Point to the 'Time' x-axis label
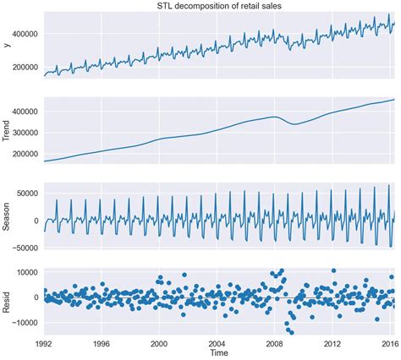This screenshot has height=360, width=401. [x=219, y=353]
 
